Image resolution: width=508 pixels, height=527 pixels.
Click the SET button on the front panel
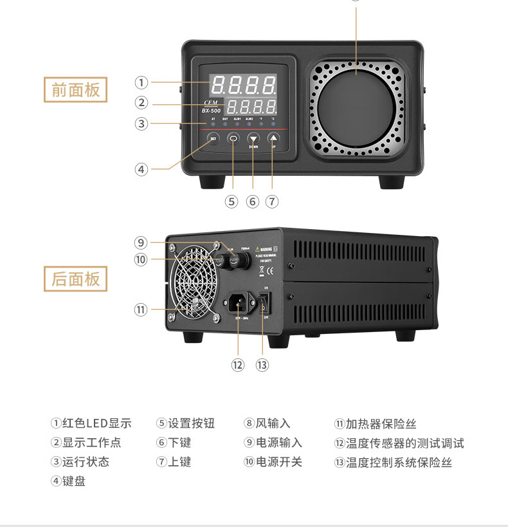click(x=213, y=138)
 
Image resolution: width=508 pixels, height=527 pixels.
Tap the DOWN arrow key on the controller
click(x=253, y=138)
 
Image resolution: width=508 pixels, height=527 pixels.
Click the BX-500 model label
click(x=212, y=111)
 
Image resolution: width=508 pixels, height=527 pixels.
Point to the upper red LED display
click(x=244, y=84)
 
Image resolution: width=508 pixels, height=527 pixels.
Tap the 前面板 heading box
click(x=75, y=89)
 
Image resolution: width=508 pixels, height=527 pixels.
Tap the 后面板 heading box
click(x=75, y=279)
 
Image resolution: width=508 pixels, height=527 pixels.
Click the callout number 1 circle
click(x=141, y=82)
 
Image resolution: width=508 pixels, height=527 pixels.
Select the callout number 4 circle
click(x=141, y=169)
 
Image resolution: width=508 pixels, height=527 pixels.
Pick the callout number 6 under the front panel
click(x=253, y=201)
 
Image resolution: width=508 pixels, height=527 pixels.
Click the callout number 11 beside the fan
click(x=141, y=310)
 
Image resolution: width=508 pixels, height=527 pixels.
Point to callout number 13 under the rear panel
click(x=262, y=365)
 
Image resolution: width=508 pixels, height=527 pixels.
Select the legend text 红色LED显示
click(x=96, y=423)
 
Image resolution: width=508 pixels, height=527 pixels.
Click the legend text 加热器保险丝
click(x=381, y=424)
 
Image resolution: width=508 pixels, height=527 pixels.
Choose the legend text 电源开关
click(x=278, y=462)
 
